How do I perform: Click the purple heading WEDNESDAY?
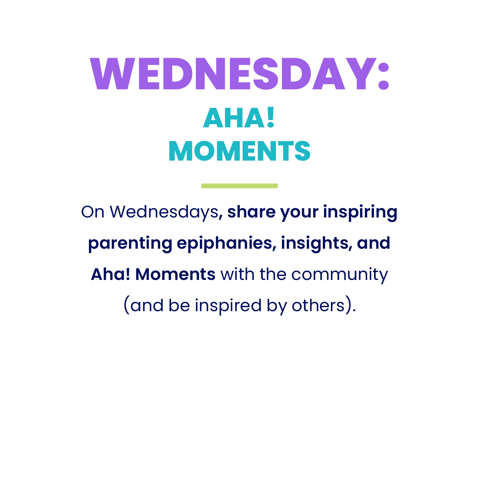pos(233,74)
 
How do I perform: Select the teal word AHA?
pos(239,118)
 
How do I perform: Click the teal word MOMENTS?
pos(239,151)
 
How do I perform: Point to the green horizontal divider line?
pos(239,186)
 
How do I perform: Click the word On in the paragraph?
pos(93,212)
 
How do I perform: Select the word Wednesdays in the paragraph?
pos(164,212)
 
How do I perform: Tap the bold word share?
pos(252,212)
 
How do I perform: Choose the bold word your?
pos(299,213)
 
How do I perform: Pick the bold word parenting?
pos(130,244)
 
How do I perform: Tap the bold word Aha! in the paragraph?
pos(111,274)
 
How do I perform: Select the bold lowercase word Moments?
pos(175,274)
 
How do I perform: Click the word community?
pos(340,275)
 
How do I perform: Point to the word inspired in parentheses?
pos(228,306)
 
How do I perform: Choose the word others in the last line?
pos(318,305)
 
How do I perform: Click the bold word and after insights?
pos(374,243)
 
